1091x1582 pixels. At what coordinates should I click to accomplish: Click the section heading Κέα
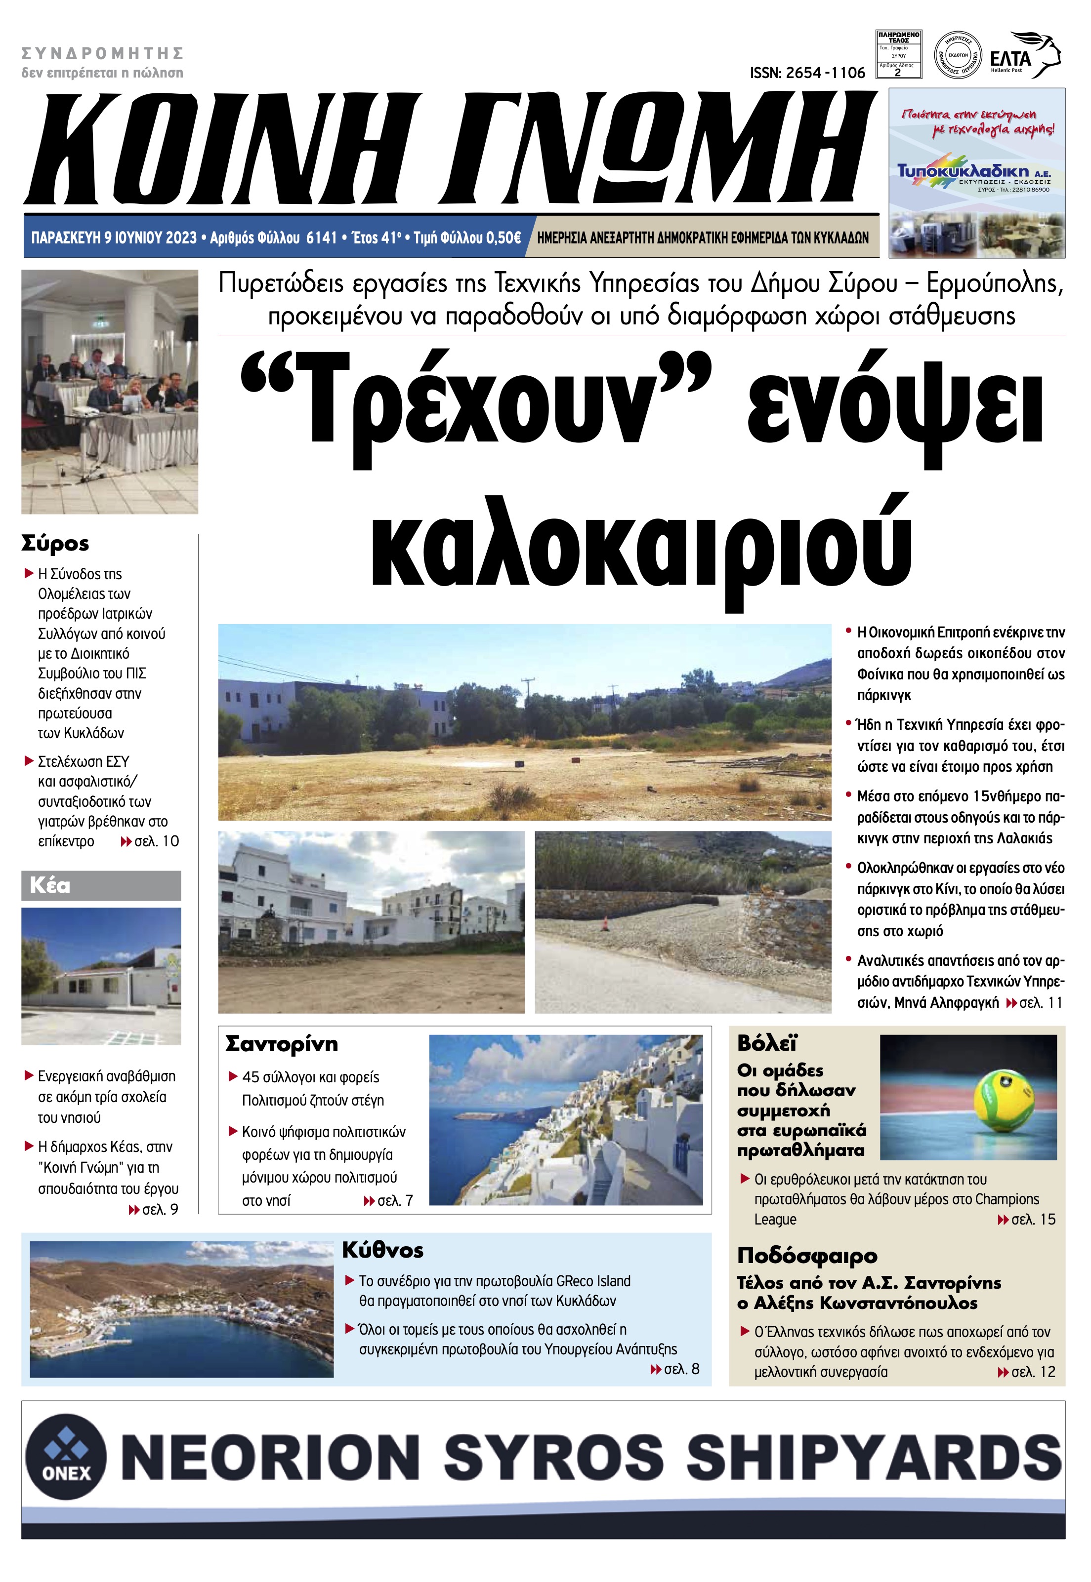pos(50,886)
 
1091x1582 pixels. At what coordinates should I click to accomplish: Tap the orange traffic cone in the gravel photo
pos(604,924)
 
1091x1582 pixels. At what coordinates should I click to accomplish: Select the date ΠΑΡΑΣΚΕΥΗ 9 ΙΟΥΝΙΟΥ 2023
pos(114,237)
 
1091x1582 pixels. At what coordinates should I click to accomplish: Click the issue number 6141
pos(321,237)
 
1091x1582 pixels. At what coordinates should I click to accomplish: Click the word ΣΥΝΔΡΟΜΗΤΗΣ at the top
pos(103,53)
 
